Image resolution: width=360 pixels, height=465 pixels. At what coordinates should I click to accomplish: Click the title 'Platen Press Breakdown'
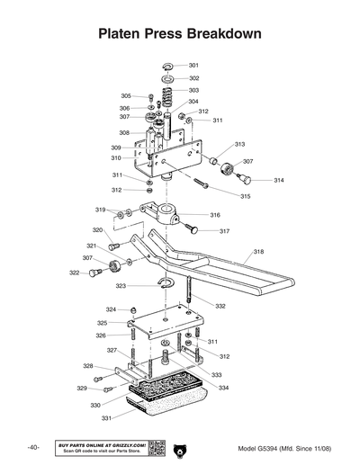(180, 34)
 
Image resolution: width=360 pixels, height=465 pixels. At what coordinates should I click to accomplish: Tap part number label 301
(194, 66)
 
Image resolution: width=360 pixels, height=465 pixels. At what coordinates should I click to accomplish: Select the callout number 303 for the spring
(194, 91)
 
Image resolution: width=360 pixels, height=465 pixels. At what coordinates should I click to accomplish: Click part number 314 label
(280, 181)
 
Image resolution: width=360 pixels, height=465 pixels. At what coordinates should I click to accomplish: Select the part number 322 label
(74, 273)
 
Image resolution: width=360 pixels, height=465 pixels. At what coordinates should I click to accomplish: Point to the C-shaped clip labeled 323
(166, 286)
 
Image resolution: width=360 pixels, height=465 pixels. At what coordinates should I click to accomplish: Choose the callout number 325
(103, 323)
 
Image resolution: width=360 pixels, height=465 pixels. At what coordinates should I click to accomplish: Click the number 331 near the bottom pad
(107, 417)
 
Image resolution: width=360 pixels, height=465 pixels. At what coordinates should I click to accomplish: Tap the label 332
(220, 307)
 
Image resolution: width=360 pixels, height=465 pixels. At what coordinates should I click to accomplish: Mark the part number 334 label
(223, 388)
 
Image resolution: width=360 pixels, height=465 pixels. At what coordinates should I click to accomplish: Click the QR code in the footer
(154, 448)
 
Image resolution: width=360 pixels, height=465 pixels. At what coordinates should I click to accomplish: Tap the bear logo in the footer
(179, 448)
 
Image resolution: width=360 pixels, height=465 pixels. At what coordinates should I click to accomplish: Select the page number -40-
(32, 448)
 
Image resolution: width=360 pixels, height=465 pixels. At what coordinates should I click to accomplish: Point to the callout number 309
(116, 148)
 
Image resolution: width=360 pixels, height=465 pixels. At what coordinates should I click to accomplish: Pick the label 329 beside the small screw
(81, 389)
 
